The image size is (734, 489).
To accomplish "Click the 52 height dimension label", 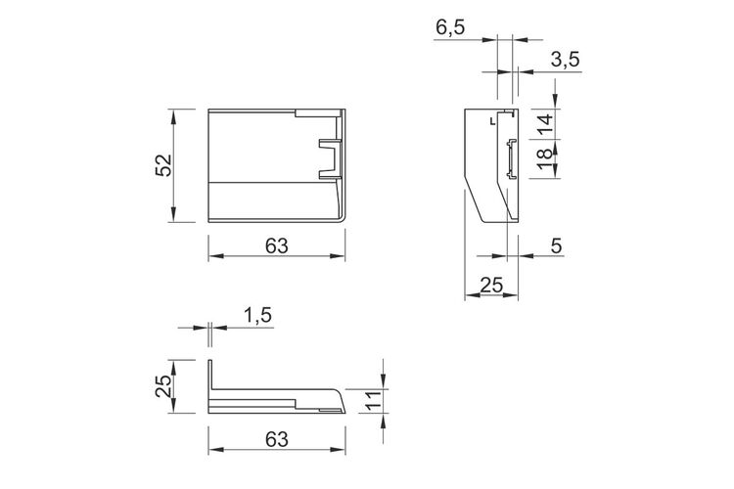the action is coord(163,165).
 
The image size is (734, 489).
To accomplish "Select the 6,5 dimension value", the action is coord(450,27).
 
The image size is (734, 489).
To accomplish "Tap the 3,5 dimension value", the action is coord(566,60).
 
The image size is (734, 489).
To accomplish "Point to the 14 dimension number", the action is coord(544,124).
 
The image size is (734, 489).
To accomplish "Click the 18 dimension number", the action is coord(544,159).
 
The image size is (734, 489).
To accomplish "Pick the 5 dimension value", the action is coord(556,245).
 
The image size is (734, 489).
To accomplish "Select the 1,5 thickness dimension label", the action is coord(257,315).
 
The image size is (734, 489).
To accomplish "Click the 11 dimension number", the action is coord(373,401).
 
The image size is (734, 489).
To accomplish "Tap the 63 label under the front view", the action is coord(277,245).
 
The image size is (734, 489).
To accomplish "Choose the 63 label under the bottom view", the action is coord(277,439).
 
